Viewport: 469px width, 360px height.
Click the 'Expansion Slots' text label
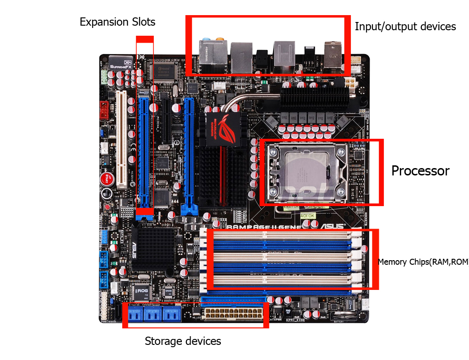[117, 22]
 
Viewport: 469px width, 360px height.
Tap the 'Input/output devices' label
[405, 27]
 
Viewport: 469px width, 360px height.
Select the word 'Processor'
[420, 171]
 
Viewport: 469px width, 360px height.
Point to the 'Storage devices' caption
[183, 341]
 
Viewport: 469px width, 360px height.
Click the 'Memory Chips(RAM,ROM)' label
[423, 262]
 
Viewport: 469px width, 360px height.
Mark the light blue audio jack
[207, 40]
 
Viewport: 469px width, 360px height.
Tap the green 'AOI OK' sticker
[307, 215]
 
